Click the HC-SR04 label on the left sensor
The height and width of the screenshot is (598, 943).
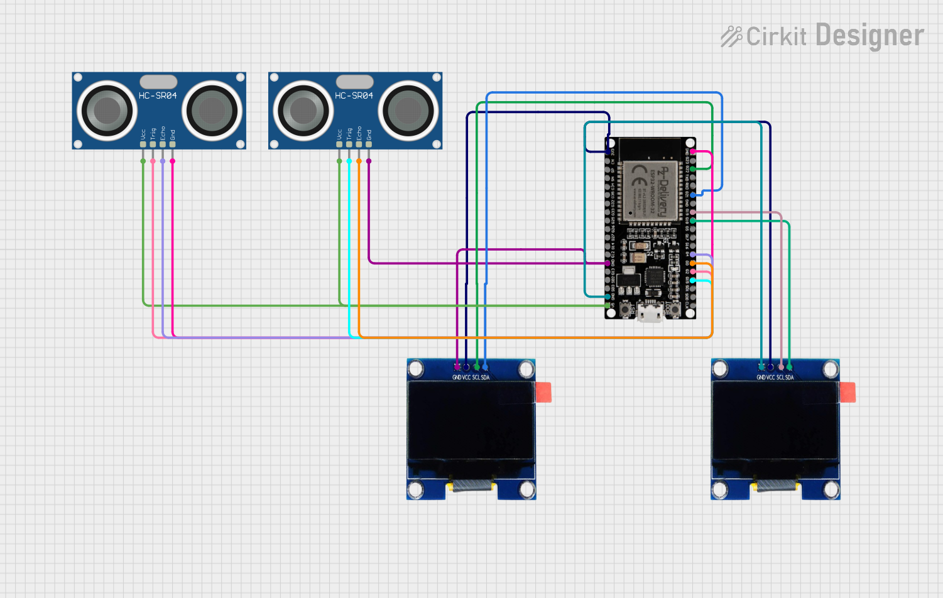pyautogui.click(x=158, y=95)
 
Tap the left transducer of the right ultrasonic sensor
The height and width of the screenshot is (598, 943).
pyautogui.click(x=303, y=111)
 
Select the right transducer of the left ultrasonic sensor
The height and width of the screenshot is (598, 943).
pyautogui.click(x=212, y=111)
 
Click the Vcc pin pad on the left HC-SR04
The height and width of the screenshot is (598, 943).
pyautogui.click(x=143, y=144)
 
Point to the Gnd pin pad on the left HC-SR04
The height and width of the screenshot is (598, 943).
pyautogui.click(x=172, y=144)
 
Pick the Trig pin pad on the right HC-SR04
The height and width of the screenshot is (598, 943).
pyautogui.click(x=349, y=144)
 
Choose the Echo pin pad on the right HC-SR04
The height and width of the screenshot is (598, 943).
pyautogui.click(x=359, y=144)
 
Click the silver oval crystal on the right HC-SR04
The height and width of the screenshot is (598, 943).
pyautogui.click(x=354, y=82)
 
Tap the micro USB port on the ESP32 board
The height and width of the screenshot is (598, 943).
pyautogui.click(x=650, y=312)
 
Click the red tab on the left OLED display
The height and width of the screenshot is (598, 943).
pyautogui.click(x=543, y=392)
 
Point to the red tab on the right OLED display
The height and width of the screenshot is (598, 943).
pyautogui.click(x=847, y=392)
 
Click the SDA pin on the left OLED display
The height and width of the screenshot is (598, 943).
pyautogui.click(x=485, y=367)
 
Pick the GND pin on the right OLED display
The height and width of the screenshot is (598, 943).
pyautogui.click(x=761, y=367)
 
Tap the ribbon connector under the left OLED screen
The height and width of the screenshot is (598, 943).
pyautogui.click(x=471, y=485)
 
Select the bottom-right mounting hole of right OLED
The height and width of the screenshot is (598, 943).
pyautogui.click(x=831, y=489)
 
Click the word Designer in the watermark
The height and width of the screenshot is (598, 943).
pyautogui.click(x=869, y=36)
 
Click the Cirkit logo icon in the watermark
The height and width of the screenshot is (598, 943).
pyautogui.click(x=731, y=36)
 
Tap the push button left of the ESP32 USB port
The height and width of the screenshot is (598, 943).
pyautogui.click(x=626, y=309)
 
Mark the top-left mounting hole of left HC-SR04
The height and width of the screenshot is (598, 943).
pyautogui.click(x=78, y=77)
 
